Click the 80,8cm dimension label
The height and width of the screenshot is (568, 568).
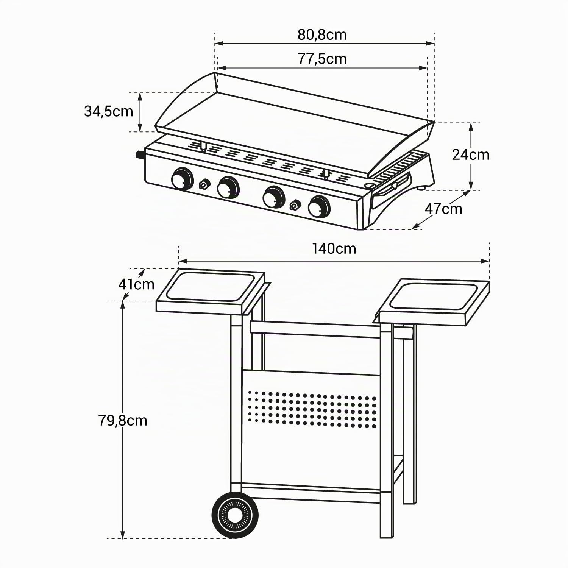coord(322,34)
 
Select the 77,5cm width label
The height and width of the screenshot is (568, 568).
coord(322,59)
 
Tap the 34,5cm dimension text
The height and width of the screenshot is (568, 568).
coord(108,111)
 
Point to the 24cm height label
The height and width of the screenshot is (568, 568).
coord(471,154)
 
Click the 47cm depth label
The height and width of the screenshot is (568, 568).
coord(443,209)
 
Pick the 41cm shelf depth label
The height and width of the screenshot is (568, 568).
coord(136,284)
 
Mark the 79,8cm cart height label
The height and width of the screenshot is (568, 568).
coord(123,420)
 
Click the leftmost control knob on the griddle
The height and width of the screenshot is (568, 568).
coord(182,178)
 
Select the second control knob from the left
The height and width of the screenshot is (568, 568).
coord(228,187)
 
